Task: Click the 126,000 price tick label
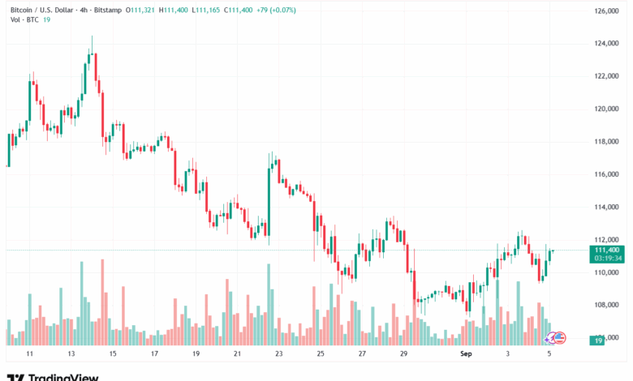(607, 11)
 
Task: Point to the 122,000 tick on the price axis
(607, 76)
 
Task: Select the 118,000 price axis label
(607, 141)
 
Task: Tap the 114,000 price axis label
(607, 207)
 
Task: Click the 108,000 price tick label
(607, 305)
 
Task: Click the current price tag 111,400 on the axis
(608, 250)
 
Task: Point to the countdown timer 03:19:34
(608, 259)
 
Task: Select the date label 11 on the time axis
(29, 354)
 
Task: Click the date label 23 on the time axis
(278, 354)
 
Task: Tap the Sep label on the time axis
(465, 354)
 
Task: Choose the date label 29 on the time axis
(403, 354)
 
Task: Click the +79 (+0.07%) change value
(273, 9)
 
